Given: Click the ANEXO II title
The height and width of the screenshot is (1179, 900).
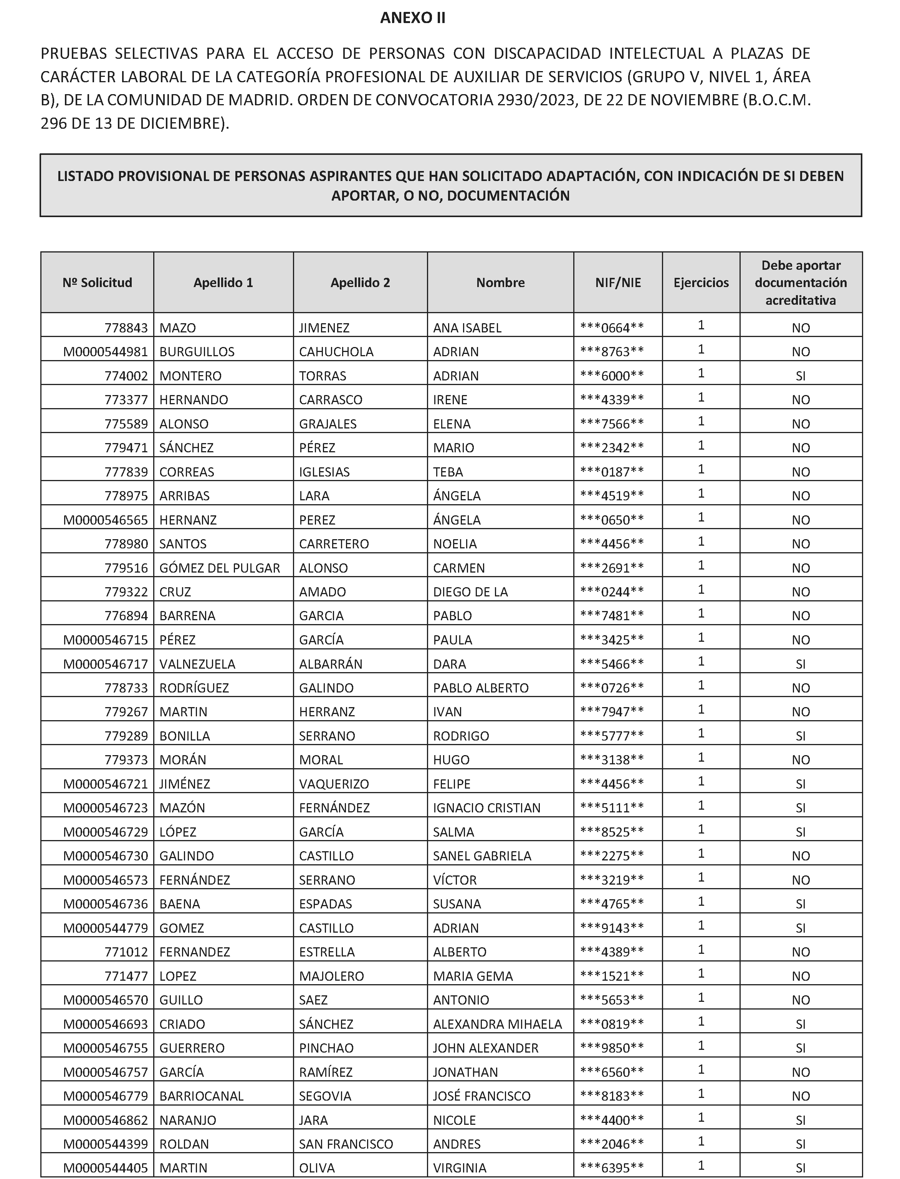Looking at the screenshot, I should tap(412, 18).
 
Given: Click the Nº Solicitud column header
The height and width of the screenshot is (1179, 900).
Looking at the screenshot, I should tap(97, 282).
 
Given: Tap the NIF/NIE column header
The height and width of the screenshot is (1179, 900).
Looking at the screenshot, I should tap(618, 282).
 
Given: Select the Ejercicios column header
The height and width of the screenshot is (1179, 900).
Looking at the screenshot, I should tap(701, 282).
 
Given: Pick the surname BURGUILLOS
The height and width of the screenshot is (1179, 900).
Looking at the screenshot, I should tap(197, 352).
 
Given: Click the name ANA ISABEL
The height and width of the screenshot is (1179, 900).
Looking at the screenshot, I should tap(467, 327).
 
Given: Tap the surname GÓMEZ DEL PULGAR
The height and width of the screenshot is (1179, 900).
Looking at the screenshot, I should tap(220, 568).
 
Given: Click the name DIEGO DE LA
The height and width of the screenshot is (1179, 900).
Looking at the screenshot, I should tap(470, 592).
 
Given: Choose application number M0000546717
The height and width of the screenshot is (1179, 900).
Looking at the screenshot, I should tap(106, 664).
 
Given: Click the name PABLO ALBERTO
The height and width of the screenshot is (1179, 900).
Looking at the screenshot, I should tap(481, 688).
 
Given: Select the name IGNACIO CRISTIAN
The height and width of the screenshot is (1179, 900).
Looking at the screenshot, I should tap(486, 808).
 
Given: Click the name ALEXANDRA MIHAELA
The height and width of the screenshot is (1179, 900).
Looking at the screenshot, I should tap(497, 1024).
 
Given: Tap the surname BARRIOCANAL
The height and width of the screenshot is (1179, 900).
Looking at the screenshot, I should tap(202, 1096).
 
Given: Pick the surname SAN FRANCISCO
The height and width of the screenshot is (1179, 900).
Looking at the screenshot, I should tap(346, 1144).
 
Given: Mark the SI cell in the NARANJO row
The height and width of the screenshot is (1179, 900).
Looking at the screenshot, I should tap(800, 1120).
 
